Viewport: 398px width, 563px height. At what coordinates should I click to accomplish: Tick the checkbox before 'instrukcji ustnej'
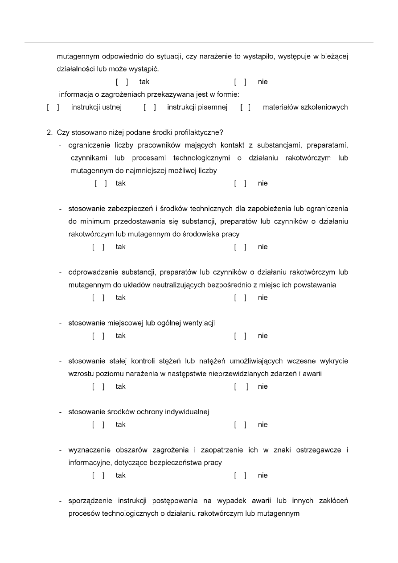[53, 107]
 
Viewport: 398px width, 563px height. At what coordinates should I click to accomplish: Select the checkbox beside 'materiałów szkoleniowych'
[245, 107]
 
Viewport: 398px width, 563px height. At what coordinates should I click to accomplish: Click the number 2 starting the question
[49, 132]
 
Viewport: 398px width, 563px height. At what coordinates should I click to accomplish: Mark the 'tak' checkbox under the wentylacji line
[98, 336]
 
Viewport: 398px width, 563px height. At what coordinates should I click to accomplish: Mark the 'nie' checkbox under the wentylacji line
[240, 336]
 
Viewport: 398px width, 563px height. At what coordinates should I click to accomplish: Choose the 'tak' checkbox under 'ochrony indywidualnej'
[98, 425]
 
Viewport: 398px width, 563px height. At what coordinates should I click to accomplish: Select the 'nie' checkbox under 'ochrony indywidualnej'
[240, 425]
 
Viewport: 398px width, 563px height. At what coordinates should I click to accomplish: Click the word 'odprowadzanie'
[90, 272]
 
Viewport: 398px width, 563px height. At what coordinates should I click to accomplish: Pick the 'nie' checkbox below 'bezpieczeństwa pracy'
[240, 476]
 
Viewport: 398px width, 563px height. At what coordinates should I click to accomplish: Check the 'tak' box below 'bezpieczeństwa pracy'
[98, 476]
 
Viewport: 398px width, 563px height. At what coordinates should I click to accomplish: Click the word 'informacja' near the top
[76, 95]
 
